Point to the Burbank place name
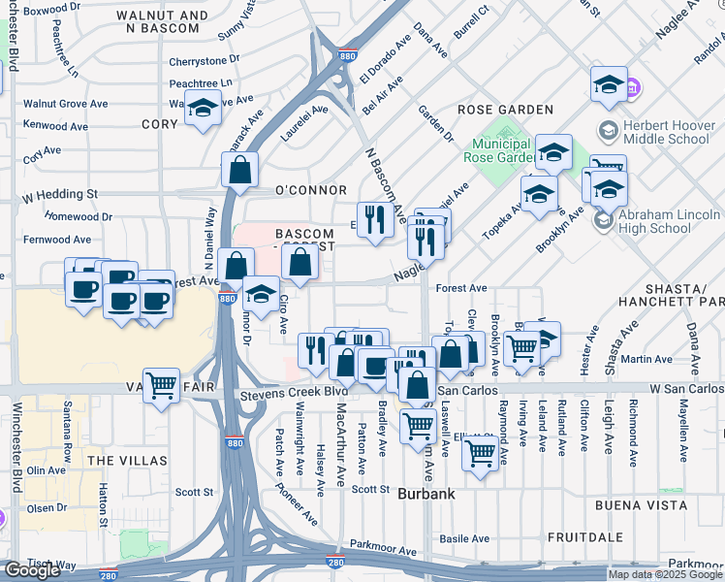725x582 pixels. pyautogui.click(x=425, y=494)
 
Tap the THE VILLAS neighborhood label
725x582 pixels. pyautogui.click(x=126, y=460)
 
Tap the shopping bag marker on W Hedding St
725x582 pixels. pyautogui.click(x=239, y=171)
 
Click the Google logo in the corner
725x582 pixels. pyautogui.click(x=32, y=570)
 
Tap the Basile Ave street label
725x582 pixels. pyautogui.click(x=465, y=538)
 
